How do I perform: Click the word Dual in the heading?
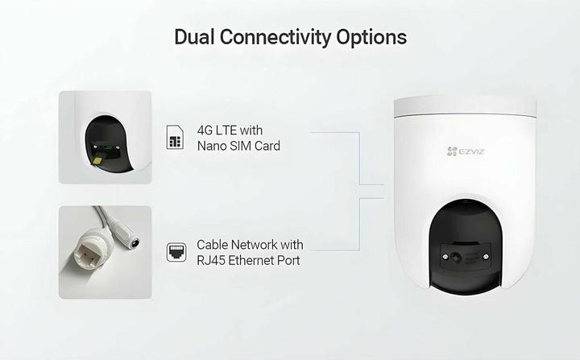click(x=194, y=36)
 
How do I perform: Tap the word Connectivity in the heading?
click(x=275, y=37)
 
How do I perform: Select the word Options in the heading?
click(x=371, y=37)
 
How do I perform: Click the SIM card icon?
click(x=175, y=137)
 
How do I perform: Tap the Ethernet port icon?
click(x=176, y=252)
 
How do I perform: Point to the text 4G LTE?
click(x=217, y=130)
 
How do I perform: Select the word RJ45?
click(x=210, y=260)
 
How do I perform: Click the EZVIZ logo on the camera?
click(x=466, y=151)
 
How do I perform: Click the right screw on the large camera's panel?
click(x=486, y=256)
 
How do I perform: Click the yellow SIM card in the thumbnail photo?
click(x=97, y=160)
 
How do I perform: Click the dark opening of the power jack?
click(x=135, y=243)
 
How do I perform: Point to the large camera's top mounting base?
click(x=465, y=107)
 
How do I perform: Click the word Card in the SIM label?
click(x=267, y=146)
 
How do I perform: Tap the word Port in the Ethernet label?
click(x=290, y=260)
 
